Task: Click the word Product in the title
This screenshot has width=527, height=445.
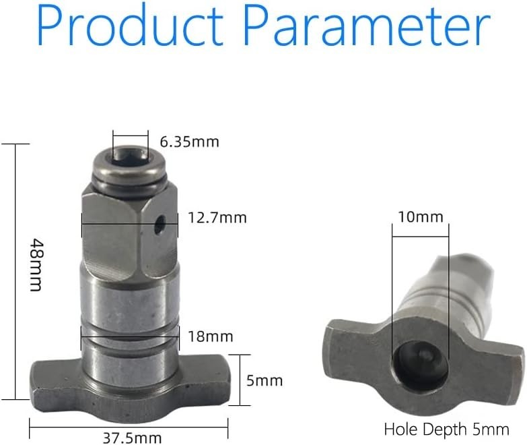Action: (x=130, y=25)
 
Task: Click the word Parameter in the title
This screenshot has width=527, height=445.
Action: (x=367, y=25)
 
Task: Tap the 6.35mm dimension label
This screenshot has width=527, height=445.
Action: (x=190, y=142)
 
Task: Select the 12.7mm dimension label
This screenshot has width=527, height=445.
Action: (x=217, y=218)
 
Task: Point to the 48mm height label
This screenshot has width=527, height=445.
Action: (x=36, y=265)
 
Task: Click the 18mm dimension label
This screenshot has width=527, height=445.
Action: (x=211, y=336)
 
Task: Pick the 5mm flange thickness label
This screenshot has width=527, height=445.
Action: (x=265, y=381)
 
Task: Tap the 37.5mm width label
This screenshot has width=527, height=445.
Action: (x=132, y=438)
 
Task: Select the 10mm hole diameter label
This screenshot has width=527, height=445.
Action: (x=421, y=217)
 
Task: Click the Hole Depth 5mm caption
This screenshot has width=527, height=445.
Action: (x=446, y=429)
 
